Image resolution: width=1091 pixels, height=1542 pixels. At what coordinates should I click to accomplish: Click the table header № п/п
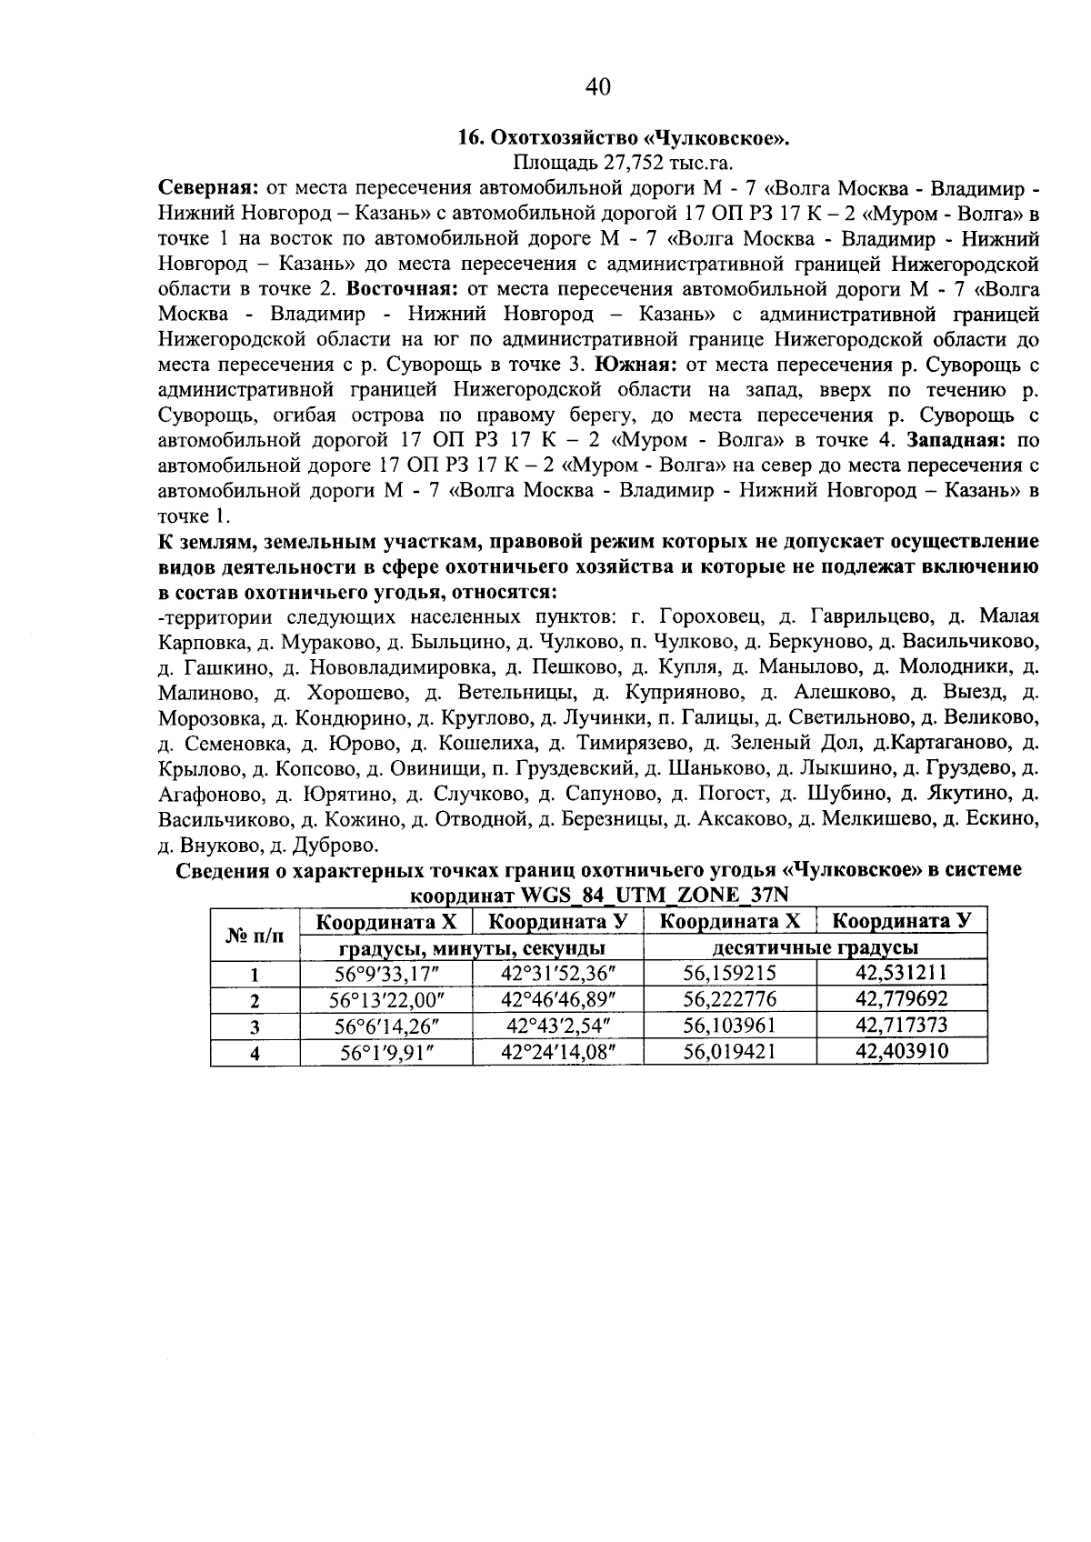pyautogui.click(x=255, y=935)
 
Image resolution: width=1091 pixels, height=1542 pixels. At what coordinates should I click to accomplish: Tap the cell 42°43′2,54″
pyautogui.click(x=556, y=1026)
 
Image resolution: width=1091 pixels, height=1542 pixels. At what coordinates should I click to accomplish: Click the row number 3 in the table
pyautogui.click(x=255, y=1027)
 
